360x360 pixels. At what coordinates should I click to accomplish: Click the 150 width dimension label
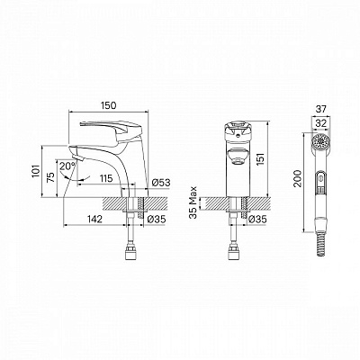108,105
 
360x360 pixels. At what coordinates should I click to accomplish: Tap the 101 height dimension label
36,171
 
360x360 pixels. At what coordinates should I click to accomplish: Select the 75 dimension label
51,177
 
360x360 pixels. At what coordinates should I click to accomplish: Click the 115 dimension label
106,178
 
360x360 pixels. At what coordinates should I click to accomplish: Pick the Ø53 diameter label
161,183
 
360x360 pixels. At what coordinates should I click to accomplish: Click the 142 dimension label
94,219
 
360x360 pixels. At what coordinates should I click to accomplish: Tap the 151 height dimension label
261,159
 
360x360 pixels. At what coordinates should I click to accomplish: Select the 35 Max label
193,202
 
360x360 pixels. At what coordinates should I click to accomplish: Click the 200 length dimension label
297,178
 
